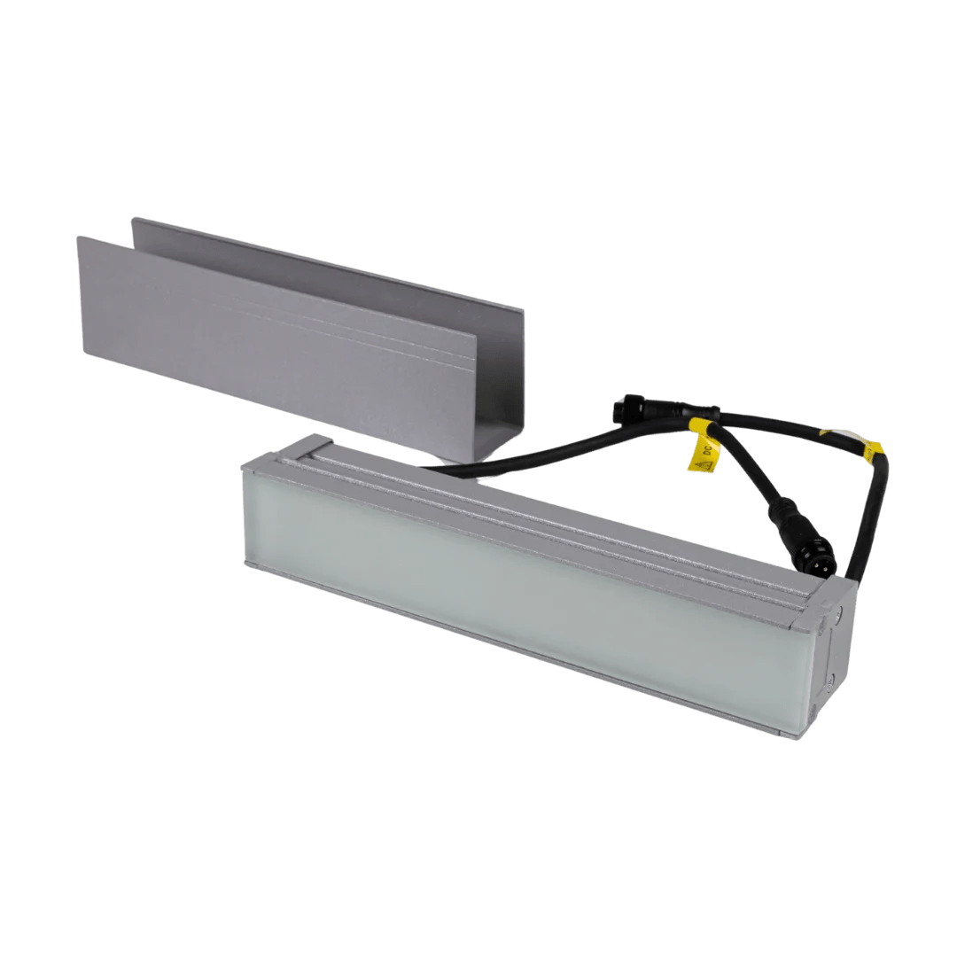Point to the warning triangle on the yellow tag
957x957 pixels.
[706, 462]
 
